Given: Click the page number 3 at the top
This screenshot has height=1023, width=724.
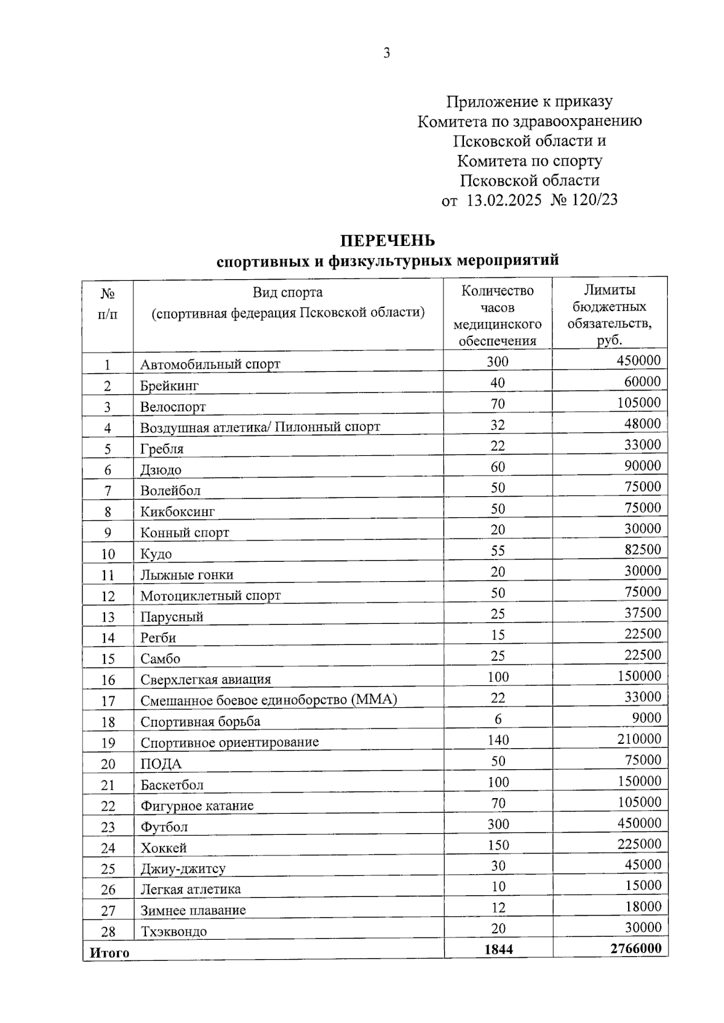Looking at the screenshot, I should click(x=387, y=53).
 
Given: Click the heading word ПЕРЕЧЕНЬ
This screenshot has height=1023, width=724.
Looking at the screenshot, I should click(x=387, y=241).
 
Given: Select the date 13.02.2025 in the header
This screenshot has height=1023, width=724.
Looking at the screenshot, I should click(x=504, y=200).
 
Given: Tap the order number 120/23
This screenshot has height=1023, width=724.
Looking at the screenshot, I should click(x=594, y=200).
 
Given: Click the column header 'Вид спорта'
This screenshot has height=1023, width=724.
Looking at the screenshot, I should click(x=287, y=292).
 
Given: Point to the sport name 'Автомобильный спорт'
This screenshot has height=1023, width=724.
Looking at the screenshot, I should click(x=210, y=364).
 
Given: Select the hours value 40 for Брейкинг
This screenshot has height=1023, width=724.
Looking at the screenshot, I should click(x=498, y=383).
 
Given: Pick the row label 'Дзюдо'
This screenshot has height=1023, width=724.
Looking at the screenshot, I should click(x=160, y=470).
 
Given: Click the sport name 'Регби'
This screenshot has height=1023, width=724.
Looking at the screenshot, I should click(x=158, y=638).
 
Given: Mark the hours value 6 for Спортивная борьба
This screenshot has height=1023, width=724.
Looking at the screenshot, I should click(x=498, y=719).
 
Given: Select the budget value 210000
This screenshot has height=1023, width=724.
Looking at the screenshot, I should click(x=639, y=739).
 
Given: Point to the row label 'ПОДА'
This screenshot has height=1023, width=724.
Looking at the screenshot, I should click(x=160, y=764).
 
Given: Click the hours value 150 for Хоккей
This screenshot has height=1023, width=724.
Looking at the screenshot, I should click(x=498, y=845).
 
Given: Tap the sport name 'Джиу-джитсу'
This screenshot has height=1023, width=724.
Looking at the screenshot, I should click(x=183, y=869).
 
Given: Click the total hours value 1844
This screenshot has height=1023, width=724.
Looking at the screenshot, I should click(x=498, y=949).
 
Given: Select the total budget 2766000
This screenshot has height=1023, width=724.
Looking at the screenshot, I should click(x=635, y=948).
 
